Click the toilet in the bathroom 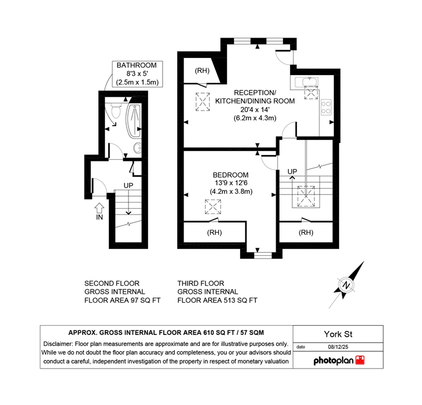[116, 111]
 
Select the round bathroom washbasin [138, 148]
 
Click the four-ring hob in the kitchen [326, 108]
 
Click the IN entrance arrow [100, 208]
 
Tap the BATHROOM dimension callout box [137, 73]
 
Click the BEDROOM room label [230, 175]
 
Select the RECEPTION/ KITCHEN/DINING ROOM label [255, 97]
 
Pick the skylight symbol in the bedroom [213, 207]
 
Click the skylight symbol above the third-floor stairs [306, 196]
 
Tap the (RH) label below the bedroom [215, 232]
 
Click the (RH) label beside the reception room [202, 71]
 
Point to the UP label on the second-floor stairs [129, 186]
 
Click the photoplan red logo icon [360, 360]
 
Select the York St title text [338, 334]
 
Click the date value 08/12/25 [338, 347]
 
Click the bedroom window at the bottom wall [263, 255]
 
